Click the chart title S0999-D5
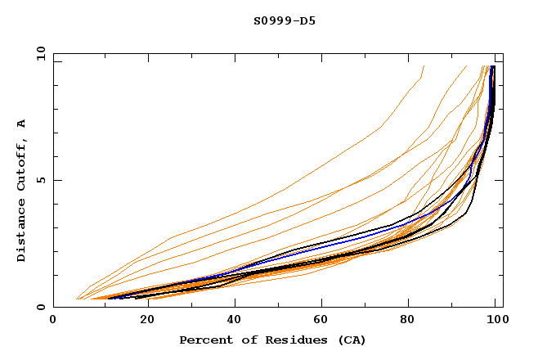click(x=284, y=20)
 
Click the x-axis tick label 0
click(x=53, y=322)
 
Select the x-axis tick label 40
click(x=233, y=322)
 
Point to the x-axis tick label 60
click(x=323, y=322)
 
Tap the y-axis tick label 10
click(x=40, y=53)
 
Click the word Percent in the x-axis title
click(x=204, y=340)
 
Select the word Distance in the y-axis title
click(x=22, y=234)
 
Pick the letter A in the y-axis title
click(x=22, y=124)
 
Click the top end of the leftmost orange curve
click(x=424, y=65)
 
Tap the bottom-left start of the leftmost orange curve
click(x=76, y=299)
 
